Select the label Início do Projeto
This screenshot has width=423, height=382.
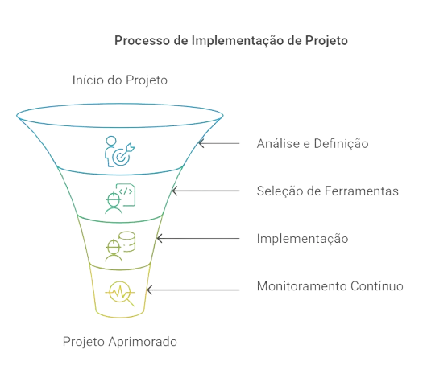pyautogui.click(x=120, y=80)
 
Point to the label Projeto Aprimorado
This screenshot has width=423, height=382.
pyautogui.click(x=120, y=342)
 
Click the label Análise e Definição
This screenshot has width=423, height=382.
pyautogui.click(x=313, y=143)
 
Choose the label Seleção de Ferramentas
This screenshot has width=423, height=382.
pyautogui.click(x=327, y=191)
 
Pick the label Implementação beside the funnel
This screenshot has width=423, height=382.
pyautogui.click(x=302, y=239)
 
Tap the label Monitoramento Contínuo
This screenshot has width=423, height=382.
pyautogui.click(x=330, y=285)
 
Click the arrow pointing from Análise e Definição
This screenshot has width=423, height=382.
pyautogui.click(x=219, y=143)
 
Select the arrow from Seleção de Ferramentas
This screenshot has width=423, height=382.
pyautogui.click(x=205, y=191)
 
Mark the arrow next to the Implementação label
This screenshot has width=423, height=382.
pyautogui.click(x=198, y=239)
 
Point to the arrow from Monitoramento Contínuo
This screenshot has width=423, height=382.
pyautogui.click(x=193, y=290)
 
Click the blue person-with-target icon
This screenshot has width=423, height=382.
pyautogui.click(x=119, y=151)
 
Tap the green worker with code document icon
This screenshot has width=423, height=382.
pyautogui.click(x=120, y=199)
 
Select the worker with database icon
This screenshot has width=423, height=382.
pyautogui.click(x=120, y=246)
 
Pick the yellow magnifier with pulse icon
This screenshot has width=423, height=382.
pyautogui.click(x=120, y=294)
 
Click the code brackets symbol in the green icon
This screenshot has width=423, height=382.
pyautogui.click(x=126, y=191)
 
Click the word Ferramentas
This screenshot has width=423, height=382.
pyautogui.click(x=362, y=191)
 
